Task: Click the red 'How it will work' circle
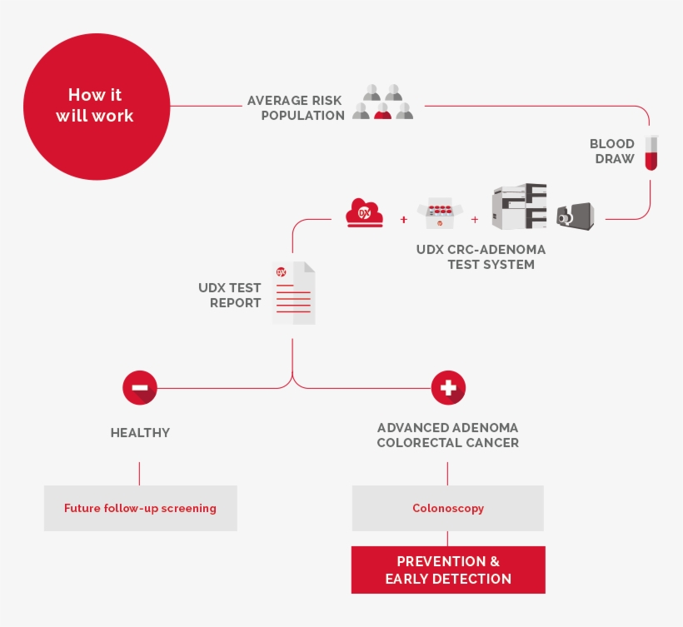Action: [95, 106]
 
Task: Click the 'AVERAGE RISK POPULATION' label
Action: [296, 108]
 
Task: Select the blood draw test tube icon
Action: [651, 152]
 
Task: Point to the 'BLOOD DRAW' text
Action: [612, 151]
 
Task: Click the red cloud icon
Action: [365, 213]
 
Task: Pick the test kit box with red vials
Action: [438, 214]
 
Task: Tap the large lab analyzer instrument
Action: [520, 207]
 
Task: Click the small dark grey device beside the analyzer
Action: [575, 216]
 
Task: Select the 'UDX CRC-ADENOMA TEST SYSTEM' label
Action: [481, 257]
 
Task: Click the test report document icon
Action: [293, 293]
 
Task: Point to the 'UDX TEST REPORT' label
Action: [230, 295]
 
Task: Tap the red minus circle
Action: [139, 387]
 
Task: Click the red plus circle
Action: [448, 387]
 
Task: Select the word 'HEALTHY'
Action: [140, 433]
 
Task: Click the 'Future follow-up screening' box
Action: [140, 508]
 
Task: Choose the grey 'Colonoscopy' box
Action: [448, 508]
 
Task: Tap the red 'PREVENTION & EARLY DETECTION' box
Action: [448, 570]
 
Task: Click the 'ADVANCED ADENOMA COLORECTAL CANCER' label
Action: [448, 435]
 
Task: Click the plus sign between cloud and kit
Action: [404, 220]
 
